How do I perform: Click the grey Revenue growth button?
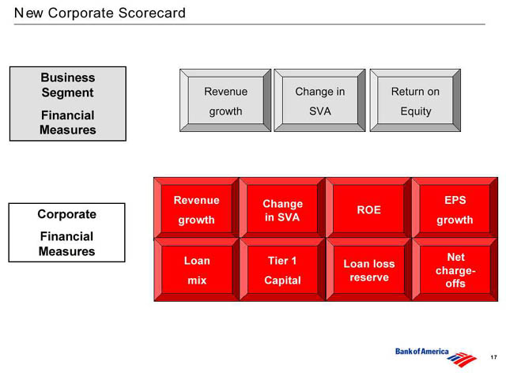pos(225,100)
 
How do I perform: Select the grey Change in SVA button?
pos(319,100)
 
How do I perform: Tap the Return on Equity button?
pos(415,100)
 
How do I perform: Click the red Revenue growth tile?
pos(197,208)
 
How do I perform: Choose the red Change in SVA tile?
pos(283,208)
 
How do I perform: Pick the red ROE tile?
pos(369,208)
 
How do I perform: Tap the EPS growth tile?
pos(455,208)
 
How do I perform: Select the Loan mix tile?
pos(197,269)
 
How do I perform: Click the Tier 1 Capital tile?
pos(283,269)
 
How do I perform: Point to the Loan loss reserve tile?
pos(369,269)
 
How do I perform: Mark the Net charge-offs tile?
pos(455,269)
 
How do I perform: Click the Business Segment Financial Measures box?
pos(68,104)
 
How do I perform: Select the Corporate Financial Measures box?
pos(66,232)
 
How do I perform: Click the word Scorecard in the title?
pos(152,13)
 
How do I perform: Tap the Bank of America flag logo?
pos(462,360)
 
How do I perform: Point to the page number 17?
pos(493,357)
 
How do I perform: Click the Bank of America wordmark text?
pos(421,352)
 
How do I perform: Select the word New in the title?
pos(28,13)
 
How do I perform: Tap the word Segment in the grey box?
pos(67,93)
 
